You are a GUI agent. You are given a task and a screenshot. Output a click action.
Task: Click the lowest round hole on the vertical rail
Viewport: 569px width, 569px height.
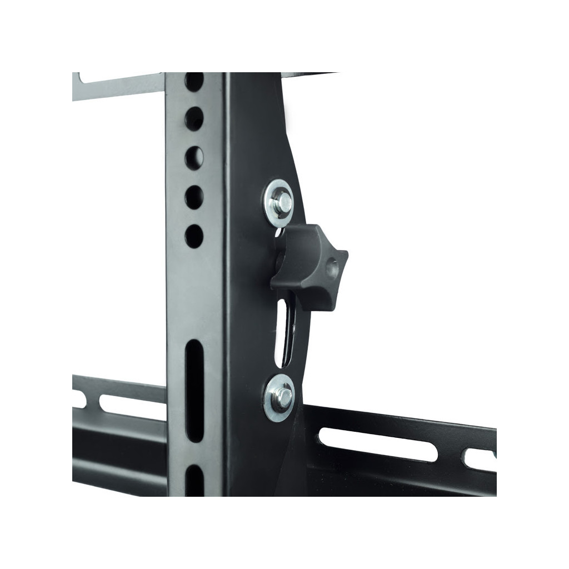[194, 236]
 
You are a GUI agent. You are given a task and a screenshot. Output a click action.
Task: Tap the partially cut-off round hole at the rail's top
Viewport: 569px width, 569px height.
[194, 81]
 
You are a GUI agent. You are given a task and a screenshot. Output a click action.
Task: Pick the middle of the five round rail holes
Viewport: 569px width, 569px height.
[194, 157]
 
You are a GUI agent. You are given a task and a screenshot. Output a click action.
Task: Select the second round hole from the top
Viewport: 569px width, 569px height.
[194, 118]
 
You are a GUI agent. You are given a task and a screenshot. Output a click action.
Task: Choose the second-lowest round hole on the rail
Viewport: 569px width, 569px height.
[194, 197]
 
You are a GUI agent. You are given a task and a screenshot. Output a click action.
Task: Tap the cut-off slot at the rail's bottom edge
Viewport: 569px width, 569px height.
[195, 481]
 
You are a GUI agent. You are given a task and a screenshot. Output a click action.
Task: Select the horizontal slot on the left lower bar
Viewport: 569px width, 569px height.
[131, 405]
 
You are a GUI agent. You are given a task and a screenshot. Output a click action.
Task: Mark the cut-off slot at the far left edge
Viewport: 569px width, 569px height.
[78, 399]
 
